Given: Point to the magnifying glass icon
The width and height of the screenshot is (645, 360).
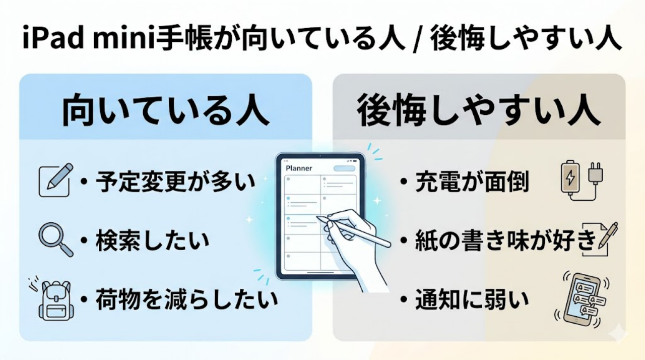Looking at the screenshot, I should point(55,240).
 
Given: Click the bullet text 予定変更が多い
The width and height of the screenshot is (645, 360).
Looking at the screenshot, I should point(176,182).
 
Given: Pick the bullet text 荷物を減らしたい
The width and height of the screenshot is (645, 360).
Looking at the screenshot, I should point(186,301).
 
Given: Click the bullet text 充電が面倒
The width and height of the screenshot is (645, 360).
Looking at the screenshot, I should point(472,182).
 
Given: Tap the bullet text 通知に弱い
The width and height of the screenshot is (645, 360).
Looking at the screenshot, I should point(472,301).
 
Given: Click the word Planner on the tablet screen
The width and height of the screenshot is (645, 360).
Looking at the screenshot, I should point(299,168).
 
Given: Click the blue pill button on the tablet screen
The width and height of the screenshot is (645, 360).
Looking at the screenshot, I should point(345,168).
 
